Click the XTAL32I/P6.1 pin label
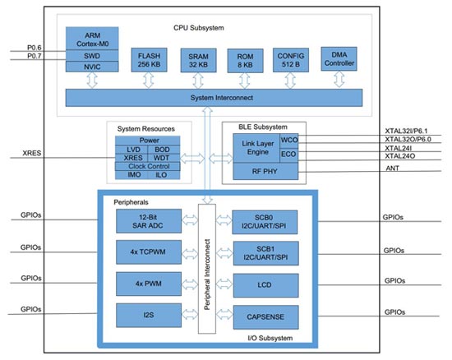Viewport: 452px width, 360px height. click(x=409, y=132)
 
